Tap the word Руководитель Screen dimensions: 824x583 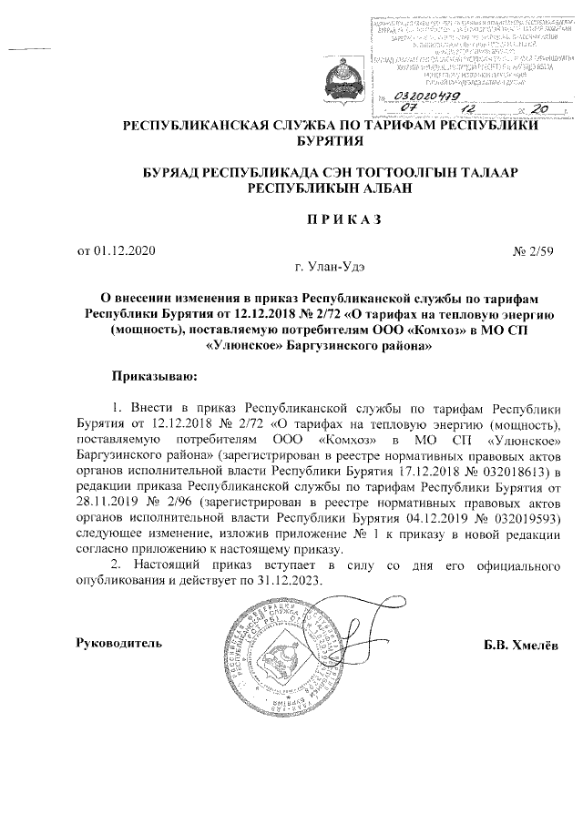118,644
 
